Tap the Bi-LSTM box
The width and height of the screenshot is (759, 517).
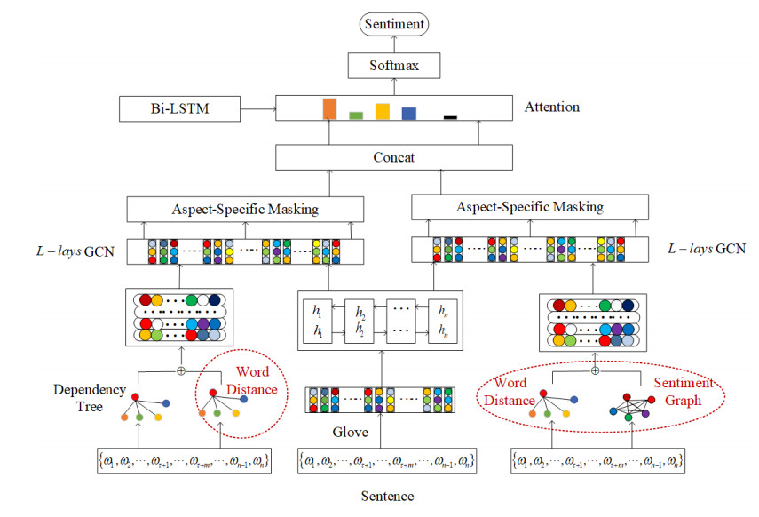point(180,109)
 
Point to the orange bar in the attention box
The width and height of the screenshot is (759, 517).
point(330,108)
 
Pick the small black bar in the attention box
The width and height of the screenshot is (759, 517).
point(450,116)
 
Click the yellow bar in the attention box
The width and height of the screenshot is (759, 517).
point(383,111)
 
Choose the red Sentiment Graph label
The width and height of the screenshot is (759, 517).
point(683,392)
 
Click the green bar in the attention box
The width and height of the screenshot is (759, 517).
point(356,115)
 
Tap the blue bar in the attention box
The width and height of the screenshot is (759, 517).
point(408,113)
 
